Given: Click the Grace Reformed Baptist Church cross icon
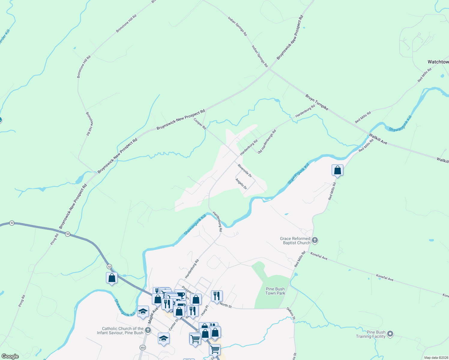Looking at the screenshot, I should coord(315,240).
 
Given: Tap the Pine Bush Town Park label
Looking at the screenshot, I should coord(275,291).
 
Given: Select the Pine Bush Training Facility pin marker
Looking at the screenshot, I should coord(390,334).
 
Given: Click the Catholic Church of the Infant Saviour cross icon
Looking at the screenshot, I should coord(148,330).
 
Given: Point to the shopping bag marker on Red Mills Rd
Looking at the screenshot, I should coord(337,170).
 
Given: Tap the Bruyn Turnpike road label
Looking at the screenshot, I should coord(317,102).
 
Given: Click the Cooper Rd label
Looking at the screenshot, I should coord(200,124).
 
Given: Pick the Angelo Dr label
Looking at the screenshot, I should coord(241,184).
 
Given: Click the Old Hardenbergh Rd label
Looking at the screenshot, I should coord(267,142).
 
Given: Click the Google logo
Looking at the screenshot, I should coord(10,356).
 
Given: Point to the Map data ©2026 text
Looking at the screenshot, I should coord(436,358).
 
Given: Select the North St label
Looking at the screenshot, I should coord(226,305).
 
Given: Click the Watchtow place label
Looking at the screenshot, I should coord(438,62).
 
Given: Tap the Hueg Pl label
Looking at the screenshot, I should coord(204,310).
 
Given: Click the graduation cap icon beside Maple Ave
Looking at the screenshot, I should coord(143,311).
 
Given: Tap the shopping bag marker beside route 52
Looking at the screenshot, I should coord(112,278).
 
